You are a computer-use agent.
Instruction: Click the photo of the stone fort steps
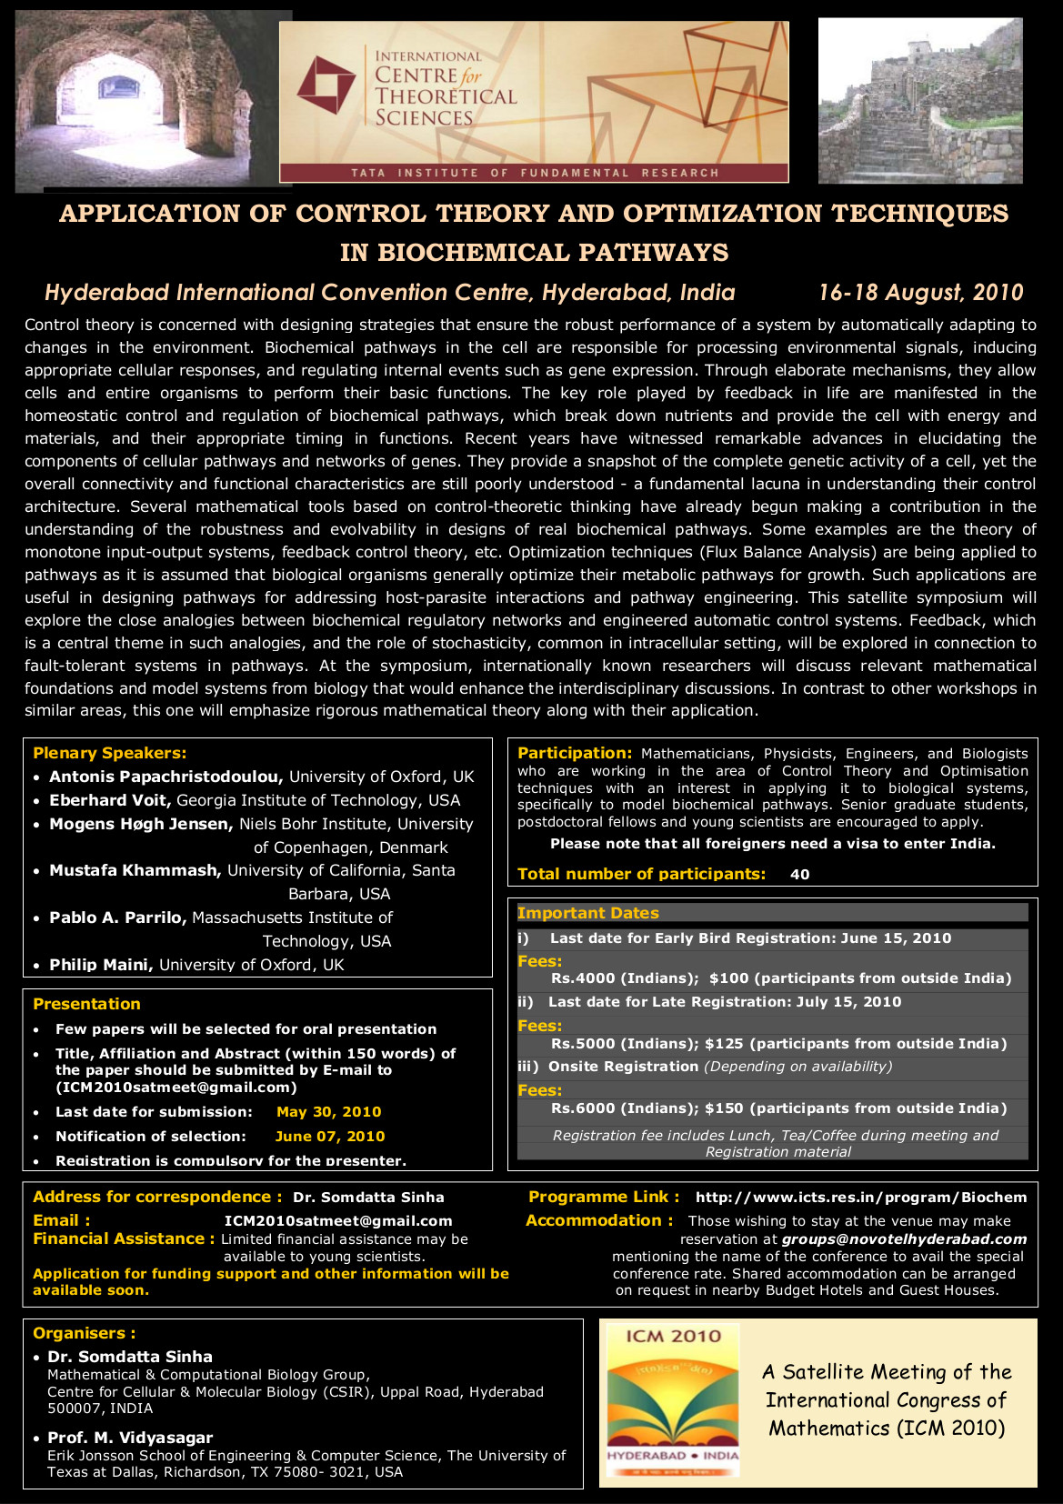(920, 100)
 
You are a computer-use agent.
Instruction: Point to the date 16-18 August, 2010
(920, 293)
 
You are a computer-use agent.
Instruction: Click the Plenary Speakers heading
(109, 753)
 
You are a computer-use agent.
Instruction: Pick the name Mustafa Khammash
(135, 870)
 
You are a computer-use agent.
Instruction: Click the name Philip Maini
(101, 965)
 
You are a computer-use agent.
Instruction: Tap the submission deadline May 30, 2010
(328, 1112)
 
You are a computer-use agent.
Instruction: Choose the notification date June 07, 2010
(329, 1137)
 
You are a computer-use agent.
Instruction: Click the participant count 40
(799, 875)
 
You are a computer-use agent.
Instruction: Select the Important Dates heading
(587, 913)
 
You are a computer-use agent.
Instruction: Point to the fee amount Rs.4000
(583, 978)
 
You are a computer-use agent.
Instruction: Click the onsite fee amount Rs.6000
(583, 1108)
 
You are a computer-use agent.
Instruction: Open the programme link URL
(860, 1198)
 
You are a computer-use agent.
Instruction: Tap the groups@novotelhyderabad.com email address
(904, 1239)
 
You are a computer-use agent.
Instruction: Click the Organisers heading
(84, 1333)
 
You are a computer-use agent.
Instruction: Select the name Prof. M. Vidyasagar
(130, 1438)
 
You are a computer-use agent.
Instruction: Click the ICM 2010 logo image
(673, 1401)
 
